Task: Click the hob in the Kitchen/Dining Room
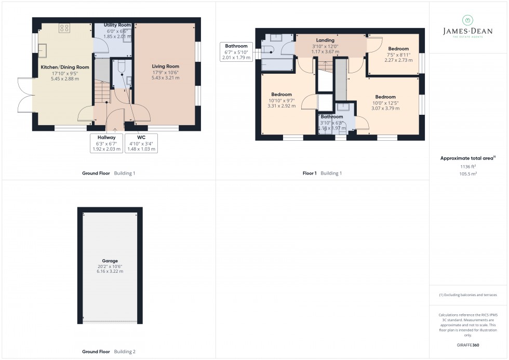point(65,28)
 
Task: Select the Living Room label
point(165,66)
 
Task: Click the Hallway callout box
point(106,143)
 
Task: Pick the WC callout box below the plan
point(140,143)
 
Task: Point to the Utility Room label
point(117,25)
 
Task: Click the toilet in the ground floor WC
point(122,66)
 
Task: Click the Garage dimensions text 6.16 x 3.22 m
point(110,272)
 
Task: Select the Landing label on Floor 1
point(326,41)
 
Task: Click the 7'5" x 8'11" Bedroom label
point(398,49)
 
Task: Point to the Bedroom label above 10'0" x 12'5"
point(385,97)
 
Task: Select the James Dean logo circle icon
point(467,20)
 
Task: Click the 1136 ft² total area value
point(468,166)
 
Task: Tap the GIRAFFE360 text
point(468,344)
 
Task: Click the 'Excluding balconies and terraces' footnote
point(468,295)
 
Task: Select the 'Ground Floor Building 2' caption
point(109,352)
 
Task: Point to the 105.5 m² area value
point(468,174)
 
